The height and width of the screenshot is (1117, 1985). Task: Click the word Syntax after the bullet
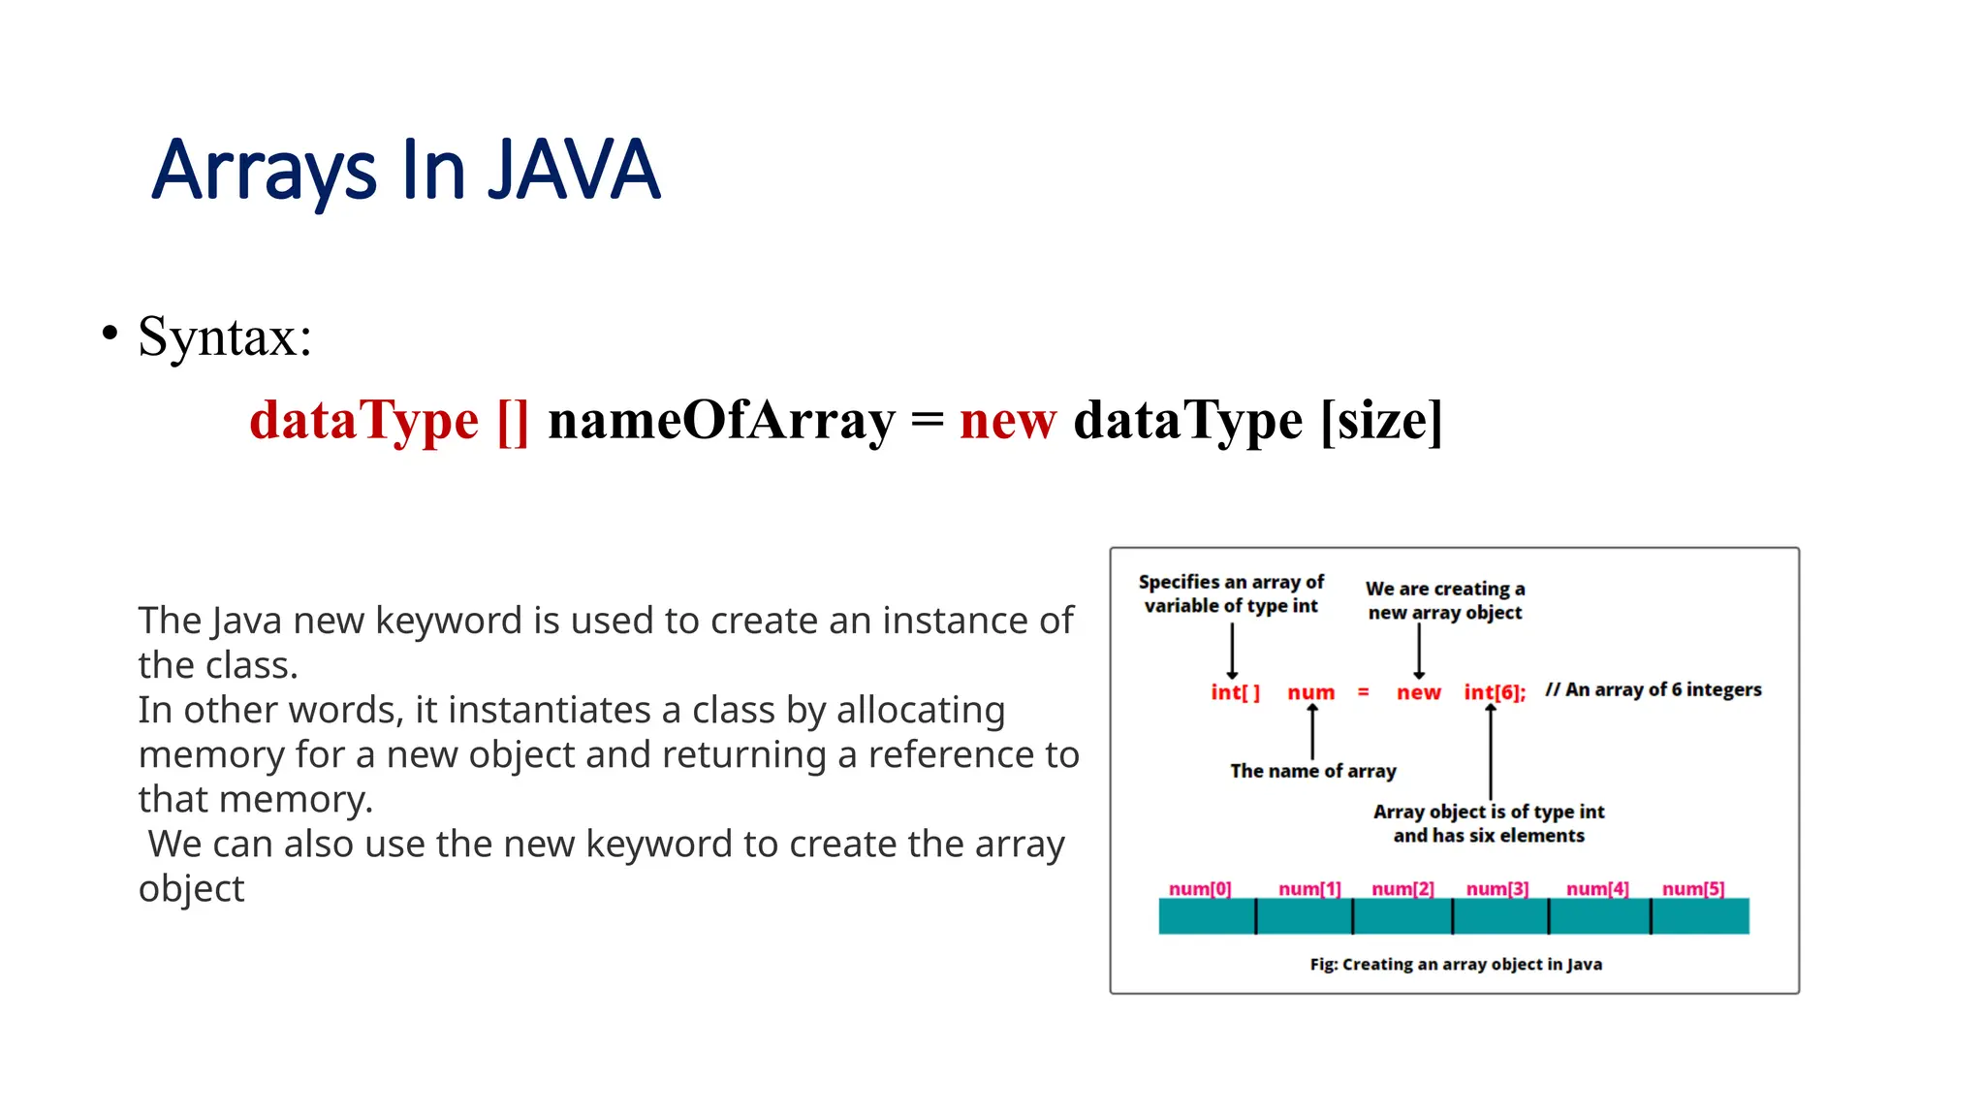point(224,337)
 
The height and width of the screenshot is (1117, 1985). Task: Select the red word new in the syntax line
point(1007,421)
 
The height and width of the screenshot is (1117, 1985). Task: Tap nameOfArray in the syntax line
point(721,421)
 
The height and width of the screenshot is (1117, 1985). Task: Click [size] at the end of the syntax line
point(1381,421)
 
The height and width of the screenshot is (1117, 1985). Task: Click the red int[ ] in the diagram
point(1235,692)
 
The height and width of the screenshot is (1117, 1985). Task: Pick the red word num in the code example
point(1310,692)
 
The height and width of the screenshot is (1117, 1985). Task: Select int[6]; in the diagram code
point(1494,692)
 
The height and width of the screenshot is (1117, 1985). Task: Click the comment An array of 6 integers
point(1653,689)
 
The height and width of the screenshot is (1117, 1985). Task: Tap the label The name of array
point(1312,771)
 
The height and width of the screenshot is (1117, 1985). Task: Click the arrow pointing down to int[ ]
point(1232,651)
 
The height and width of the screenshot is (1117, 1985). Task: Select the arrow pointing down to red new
point(1419,651)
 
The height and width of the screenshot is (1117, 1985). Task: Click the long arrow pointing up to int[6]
point(1491,752)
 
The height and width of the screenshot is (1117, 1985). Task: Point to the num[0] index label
point(1199,888)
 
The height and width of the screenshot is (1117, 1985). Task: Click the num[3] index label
point(1497,888)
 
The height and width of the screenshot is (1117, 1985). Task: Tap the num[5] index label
point(1692,888)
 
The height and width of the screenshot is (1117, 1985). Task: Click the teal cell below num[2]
point(1402,916)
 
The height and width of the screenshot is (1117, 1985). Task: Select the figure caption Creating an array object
point(1455,964)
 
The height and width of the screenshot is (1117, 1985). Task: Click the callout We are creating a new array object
point(1444,600)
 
